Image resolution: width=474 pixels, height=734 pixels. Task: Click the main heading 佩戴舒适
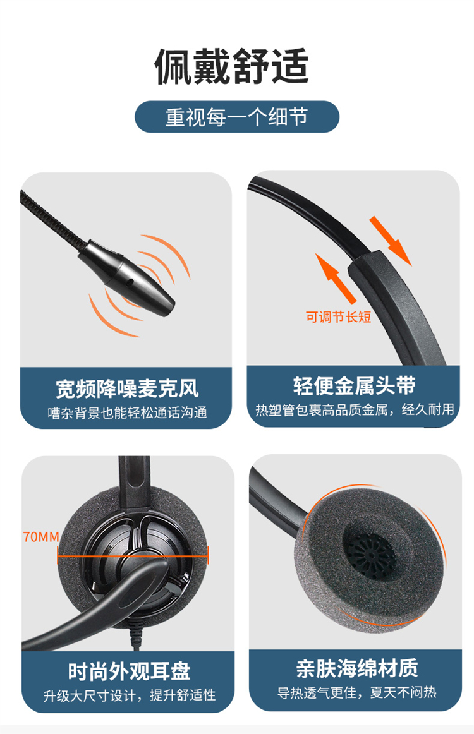231,66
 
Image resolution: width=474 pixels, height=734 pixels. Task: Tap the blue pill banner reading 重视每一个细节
237,117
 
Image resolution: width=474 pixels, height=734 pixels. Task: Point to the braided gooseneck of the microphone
52,218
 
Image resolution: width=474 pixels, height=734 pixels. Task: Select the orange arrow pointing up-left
336,278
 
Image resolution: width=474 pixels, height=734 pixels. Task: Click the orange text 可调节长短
338,317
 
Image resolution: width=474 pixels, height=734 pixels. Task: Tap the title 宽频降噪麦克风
127,388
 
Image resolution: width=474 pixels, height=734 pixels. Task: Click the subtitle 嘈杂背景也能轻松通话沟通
127,412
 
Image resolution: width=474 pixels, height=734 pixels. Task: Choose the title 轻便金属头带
354,386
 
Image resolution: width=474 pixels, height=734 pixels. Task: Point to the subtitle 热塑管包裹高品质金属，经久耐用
355,409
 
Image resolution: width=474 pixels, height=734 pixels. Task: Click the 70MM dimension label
41,536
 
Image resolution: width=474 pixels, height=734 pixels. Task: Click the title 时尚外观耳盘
129,671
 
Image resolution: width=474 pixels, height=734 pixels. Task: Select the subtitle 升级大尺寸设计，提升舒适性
130,695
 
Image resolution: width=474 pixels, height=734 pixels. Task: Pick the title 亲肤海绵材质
357,668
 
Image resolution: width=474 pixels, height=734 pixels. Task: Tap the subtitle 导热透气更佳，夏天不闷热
357,692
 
